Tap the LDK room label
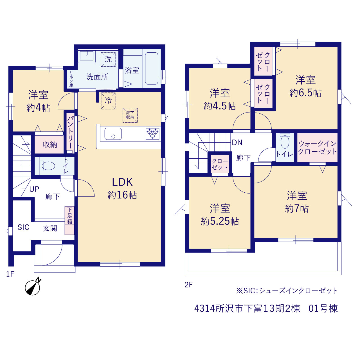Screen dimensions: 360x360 click(122, 182)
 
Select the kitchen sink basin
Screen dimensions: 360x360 click(113, 134)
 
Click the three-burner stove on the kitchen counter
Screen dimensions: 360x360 click(153, 134)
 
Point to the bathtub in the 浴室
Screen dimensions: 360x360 click(152, 68)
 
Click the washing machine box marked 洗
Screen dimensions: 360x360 click(108, 59)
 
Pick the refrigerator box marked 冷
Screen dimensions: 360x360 click(108, 101)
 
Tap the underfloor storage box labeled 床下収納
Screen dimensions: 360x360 click(130, 116)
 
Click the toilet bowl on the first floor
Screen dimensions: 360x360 click(48, 166)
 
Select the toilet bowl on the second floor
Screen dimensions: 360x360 click(285, 142)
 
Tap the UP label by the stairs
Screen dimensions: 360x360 click(34, 189)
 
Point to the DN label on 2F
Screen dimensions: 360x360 click(237, 143)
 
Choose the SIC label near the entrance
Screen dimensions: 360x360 click(23, 227)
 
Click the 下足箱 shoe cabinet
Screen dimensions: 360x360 click(69, 220)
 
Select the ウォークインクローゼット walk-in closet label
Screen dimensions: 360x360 click(318, 148)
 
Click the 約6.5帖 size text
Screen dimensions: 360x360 click(305, 93)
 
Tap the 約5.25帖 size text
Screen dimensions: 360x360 click(220, 221)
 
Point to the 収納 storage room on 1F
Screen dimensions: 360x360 click(49, 144)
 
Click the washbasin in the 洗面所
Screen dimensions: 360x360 click(87, 56)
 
